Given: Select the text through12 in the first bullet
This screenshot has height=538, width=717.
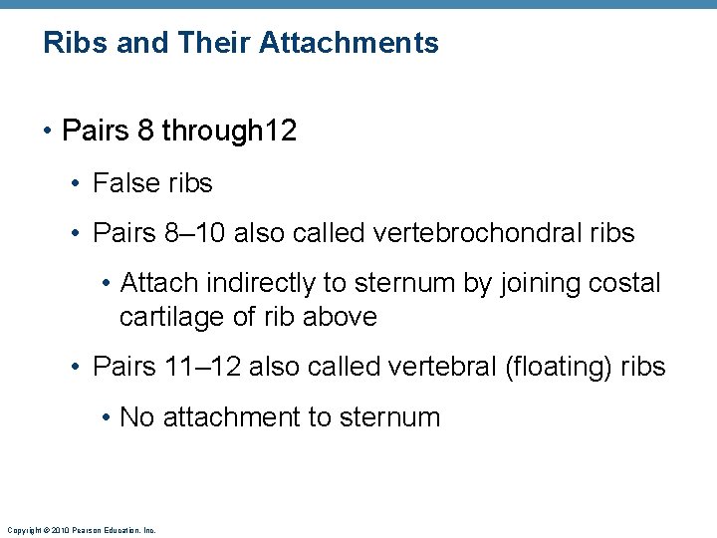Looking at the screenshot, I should click(229, 131).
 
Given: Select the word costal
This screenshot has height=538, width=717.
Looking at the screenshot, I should click(625, 283).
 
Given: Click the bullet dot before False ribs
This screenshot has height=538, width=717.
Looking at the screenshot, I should click(77, 184).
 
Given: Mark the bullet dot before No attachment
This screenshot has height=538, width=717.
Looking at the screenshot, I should click(106, 417).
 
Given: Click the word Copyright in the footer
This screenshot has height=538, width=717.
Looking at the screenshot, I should click(23, 531).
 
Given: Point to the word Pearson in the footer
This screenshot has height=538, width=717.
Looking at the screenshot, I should click(81, 531).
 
